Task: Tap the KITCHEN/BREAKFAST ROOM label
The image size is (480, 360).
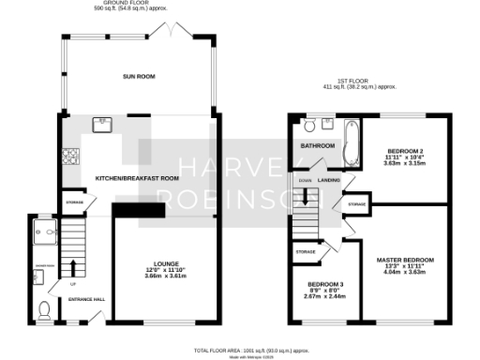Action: point(137,178)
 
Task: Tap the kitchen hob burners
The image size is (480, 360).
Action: point(67,157)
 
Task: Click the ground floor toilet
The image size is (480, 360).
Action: point(44,308)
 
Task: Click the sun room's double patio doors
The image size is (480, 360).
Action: point(177,34)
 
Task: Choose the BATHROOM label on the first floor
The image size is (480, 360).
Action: point(318,146)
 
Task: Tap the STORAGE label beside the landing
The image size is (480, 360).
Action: point(355,203)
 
